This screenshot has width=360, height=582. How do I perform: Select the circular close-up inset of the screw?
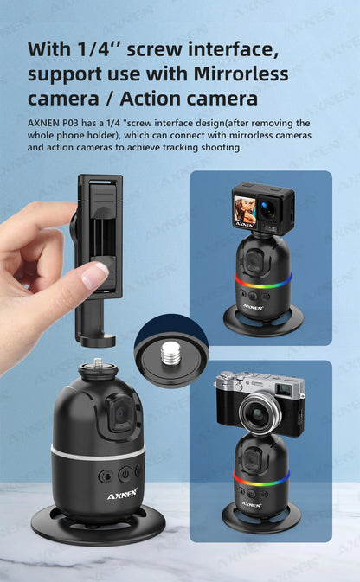(171, 349)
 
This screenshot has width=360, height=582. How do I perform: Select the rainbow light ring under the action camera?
(262, 280)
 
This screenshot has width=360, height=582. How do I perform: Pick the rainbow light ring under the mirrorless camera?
(261, 476)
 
